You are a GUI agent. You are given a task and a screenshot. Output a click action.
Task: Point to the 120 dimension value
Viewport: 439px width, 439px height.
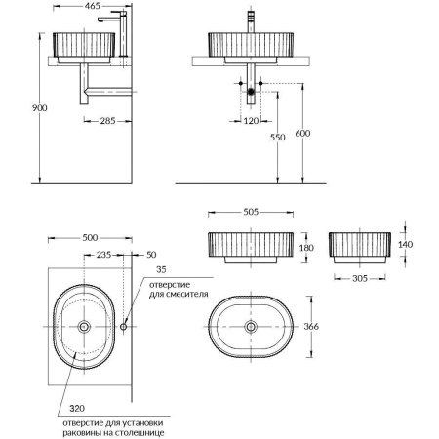coord(251,121)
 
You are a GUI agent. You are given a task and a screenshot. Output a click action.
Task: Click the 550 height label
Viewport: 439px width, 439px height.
coord(279,139)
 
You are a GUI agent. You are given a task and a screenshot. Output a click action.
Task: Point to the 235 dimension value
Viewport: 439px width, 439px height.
coord(103,254)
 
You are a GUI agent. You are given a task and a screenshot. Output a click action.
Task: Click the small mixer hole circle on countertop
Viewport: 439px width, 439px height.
coord(124,327)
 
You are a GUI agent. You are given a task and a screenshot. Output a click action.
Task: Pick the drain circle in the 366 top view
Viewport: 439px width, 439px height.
coord(252,328)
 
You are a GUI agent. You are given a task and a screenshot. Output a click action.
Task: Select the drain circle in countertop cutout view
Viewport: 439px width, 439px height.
coord(86,327)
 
